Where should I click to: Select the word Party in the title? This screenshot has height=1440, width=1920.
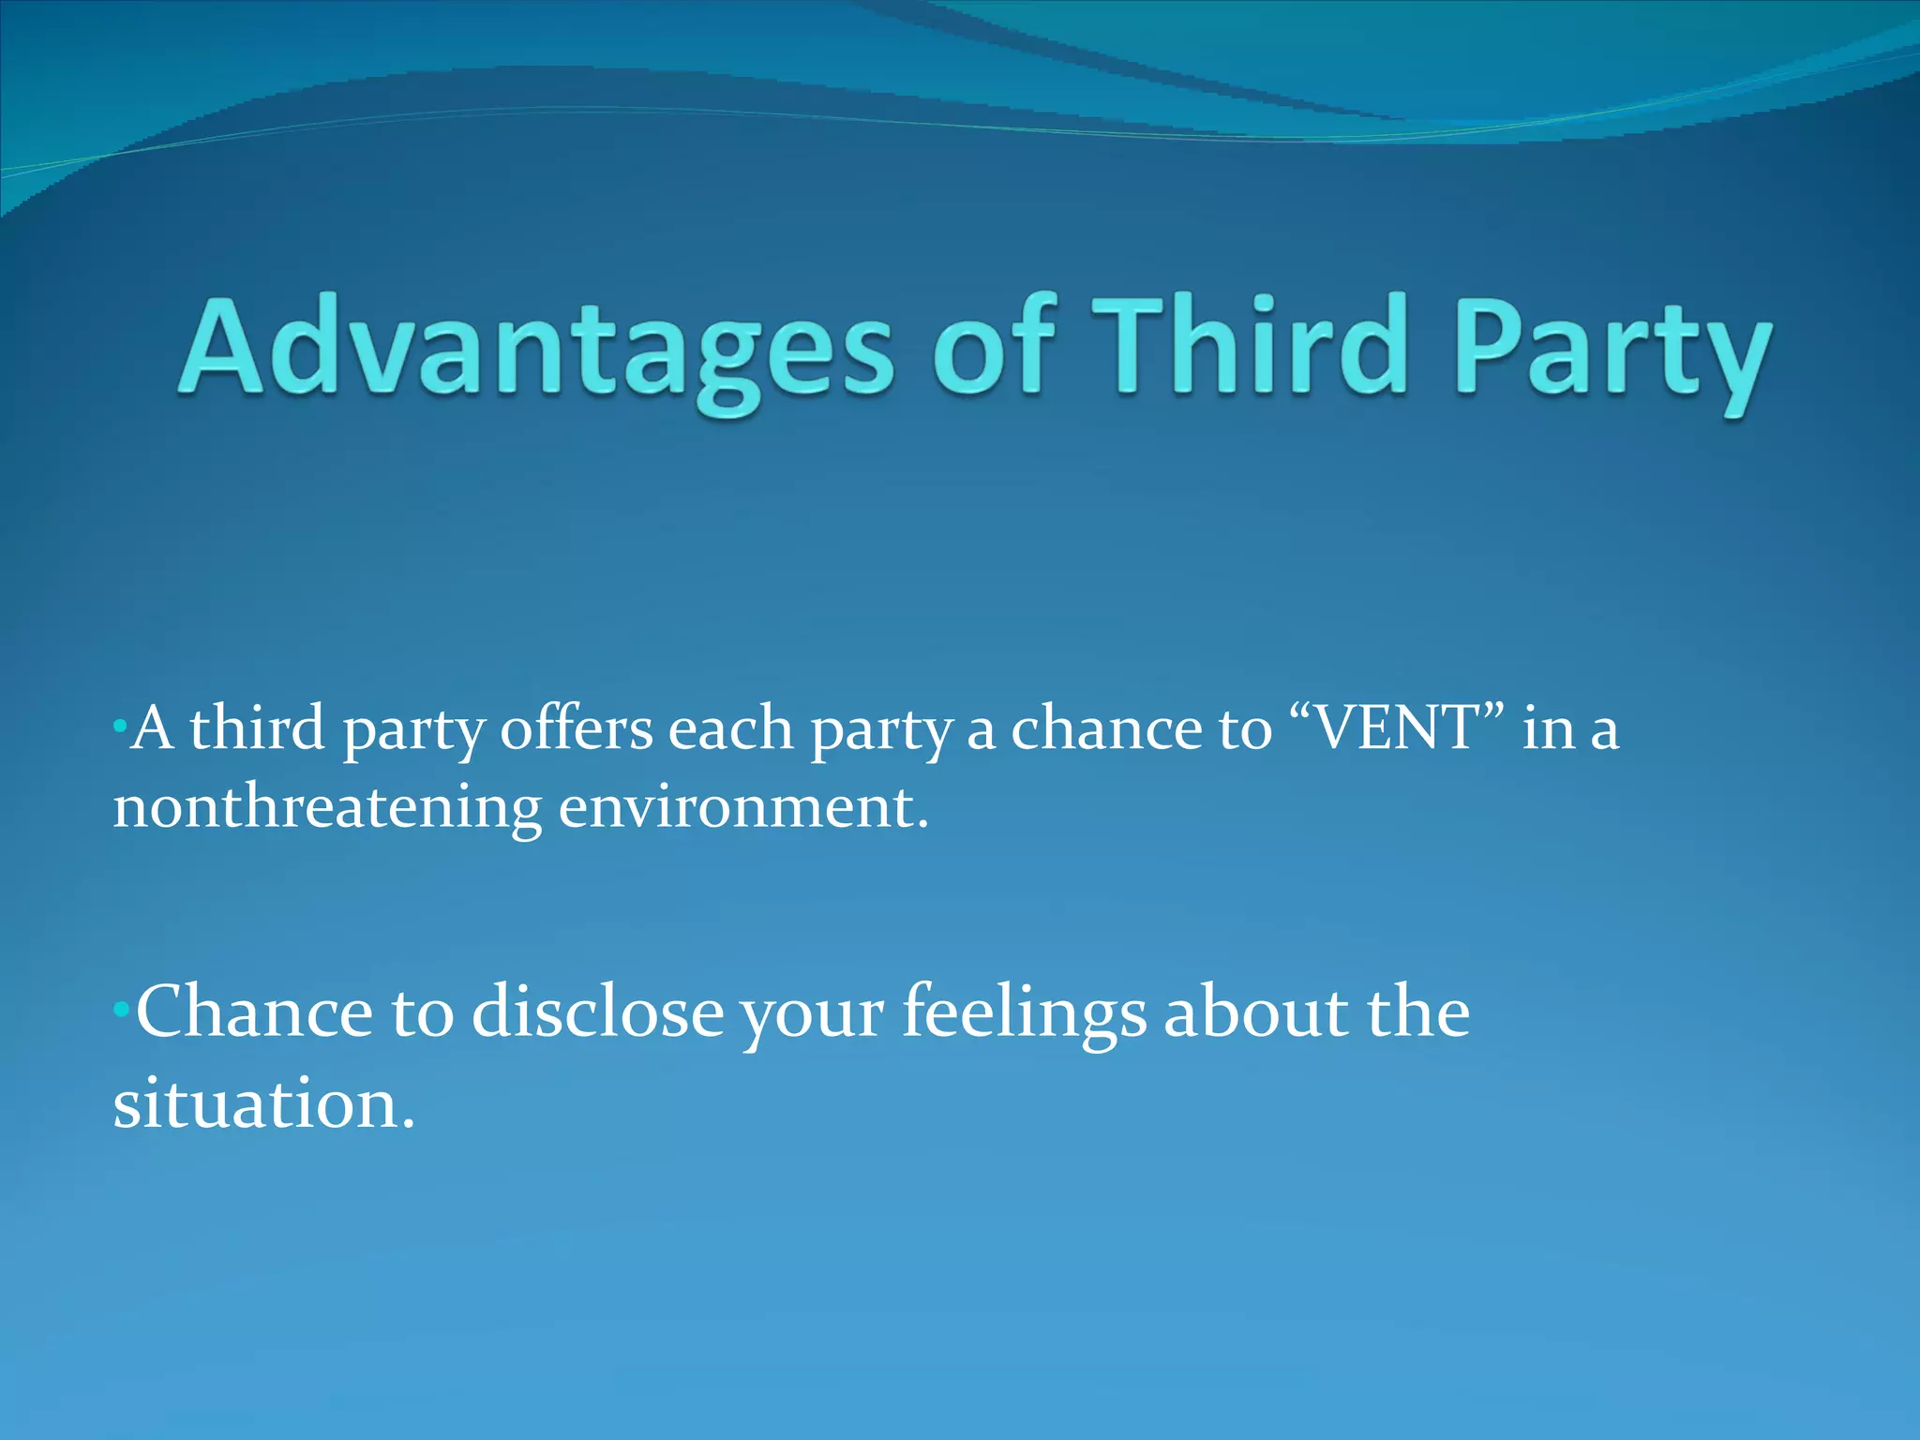pos(1612,352)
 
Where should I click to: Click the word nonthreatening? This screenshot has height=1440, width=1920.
pos(327,807)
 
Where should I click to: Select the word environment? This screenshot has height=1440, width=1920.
pos(742,807)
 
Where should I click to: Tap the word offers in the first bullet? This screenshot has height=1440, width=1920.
pos(576,728)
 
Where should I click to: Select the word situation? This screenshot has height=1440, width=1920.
pos(262,1103)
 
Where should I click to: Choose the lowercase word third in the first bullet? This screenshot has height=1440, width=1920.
pos(257,728)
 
